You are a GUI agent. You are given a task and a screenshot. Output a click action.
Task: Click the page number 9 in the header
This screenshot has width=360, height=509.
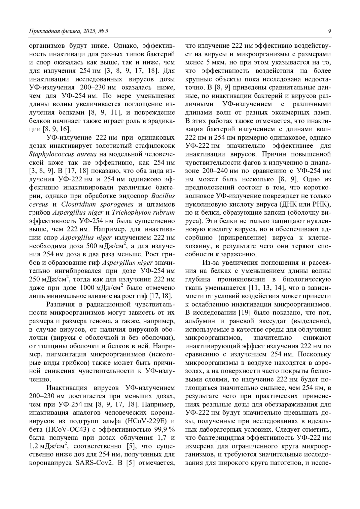tap(329, 31)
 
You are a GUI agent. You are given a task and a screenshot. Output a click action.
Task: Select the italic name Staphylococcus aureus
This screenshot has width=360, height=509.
tap(63, 154)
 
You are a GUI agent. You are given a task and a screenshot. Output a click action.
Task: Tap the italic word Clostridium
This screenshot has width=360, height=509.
tap(78, 204)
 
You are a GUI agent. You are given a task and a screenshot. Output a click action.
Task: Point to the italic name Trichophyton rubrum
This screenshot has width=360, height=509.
tap(143, 213)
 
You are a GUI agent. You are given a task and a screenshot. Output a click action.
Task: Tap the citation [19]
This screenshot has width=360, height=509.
tap(242, 313)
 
